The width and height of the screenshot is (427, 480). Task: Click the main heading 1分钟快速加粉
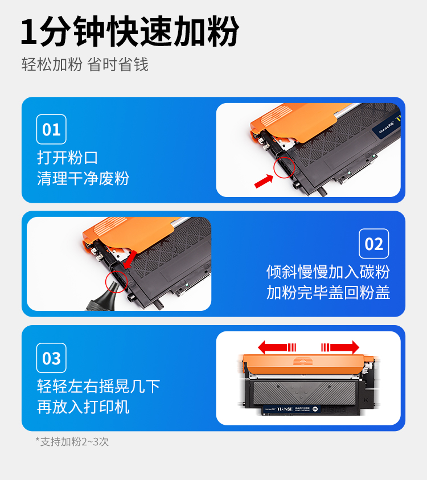tap(130, 31)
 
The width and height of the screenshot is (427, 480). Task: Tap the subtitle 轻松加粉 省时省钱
tap(85, 64)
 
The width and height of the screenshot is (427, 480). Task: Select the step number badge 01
tap(51, 129)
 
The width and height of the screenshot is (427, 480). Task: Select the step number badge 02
tap(373, 244)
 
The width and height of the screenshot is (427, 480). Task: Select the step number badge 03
tap(51, 358)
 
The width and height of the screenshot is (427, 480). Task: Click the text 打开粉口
tap(67, 158)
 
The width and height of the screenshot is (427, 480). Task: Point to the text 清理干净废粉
tap(83, 178)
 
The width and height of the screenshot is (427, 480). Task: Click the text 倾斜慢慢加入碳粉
tap(328, 272)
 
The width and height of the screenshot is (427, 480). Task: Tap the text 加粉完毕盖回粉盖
tap(328, 292)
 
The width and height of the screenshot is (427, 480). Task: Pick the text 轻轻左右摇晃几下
tap(98, 386)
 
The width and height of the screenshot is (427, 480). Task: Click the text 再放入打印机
tap(83, 407)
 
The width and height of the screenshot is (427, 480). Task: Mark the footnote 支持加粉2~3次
tap(72, 441)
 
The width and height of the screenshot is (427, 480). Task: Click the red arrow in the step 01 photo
tap(264, 181)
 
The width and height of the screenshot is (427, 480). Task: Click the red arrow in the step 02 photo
tap(130, 259)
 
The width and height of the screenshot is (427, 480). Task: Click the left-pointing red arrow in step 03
tap(277, 347)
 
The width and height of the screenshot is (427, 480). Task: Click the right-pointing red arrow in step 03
tap(340, 347)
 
